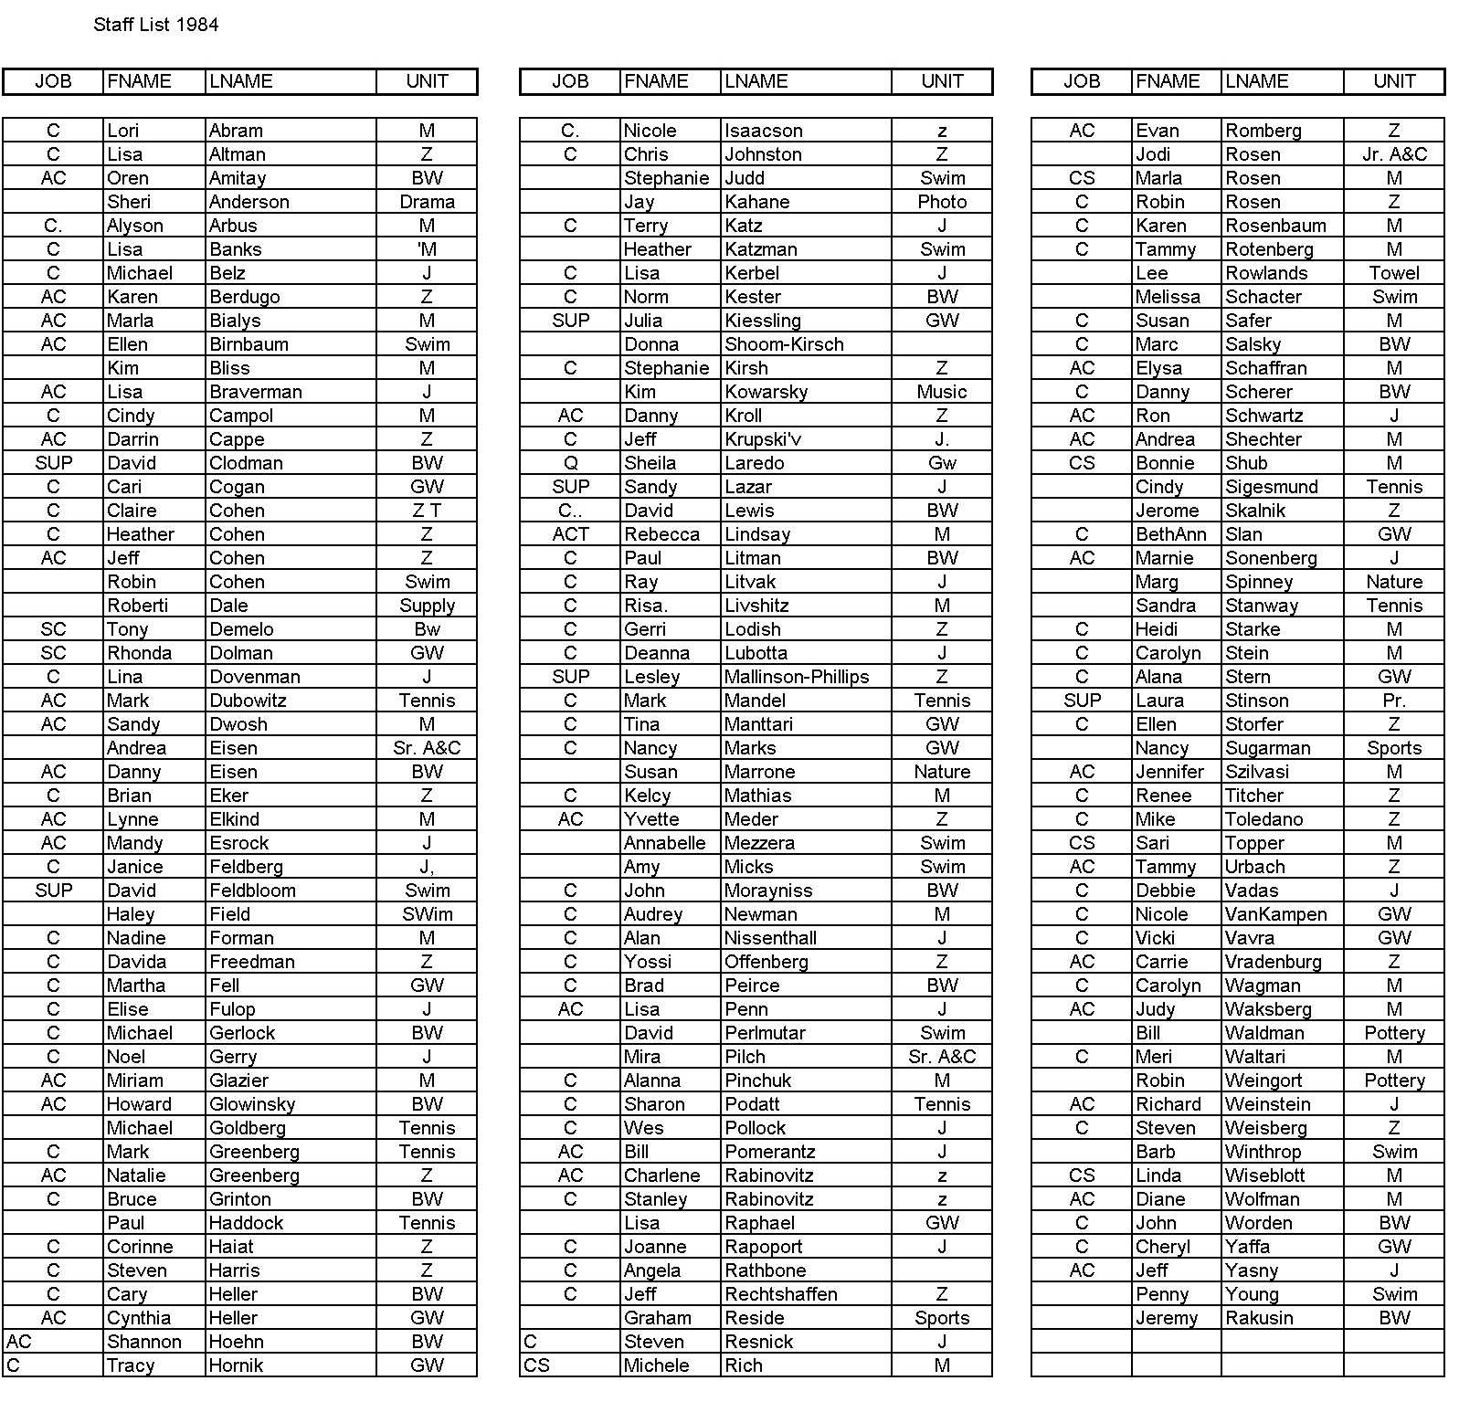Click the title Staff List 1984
coord(156,25)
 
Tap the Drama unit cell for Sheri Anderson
coord(427,202)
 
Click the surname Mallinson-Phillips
coord(797,677)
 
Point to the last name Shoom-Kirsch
coord(784,344)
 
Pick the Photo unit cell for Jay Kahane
coord(942,202)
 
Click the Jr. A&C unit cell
coord(1394,154)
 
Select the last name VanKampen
coord(1275,914)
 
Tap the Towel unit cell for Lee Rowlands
coord(1394,273)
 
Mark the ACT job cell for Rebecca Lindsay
coord(571,534)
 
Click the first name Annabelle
coord(664,843)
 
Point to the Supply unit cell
coord(427,606)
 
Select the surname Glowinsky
coord(252,1104)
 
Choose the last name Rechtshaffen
coord(780,1294)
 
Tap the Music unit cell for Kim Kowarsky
coord(942,392)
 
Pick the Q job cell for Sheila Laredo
coord(571,463)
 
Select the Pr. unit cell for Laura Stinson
coord(1394,701)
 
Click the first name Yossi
coord(648,962)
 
